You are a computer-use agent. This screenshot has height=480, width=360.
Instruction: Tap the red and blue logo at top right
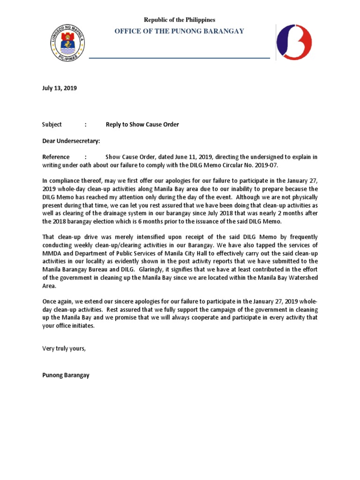[x=294, y=42]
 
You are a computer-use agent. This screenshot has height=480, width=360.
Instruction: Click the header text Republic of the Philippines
[x=180, y=20]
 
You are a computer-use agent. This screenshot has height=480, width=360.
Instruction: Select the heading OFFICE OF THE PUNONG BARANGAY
[x=180, y=31]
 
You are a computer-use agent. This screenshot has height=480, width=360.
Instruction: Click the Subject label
[x=52, y=124]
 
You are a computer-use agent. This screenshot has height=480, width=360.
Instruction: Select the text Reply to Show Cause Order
[x=142, y=124]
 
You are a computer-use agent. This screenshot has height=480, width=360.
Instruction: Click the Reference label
[x=56, y=157]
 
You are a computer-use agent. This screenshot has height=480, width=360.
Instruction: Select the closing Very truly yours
[x=64, y=349]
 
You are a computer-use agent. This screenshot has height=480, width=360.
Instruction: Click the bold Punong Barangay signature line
[x=66, y=375]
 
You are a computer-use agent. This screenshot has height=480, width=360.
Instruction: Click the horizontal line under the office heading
[x=180, y=58]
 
